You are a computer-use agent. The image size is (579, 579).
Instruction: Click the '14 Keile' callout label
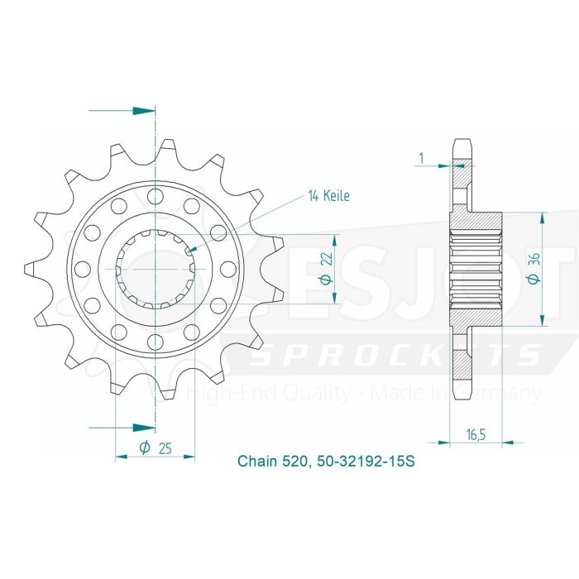tap(329, 196)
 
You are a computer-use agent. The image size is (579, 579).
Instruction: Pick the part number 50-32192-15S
tap(363, 461)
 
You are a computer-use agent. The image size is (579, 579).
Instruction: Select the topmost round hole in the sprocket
tap(154, 195)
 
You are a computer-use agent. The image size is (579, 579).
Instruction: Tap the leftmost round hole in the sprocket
tap(80, 269)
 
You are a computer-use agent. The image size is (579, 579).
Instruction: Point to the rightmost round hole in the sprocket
tap(227, 269)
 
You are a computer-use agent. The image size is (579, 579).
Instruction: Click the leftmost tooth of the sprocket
tap(31, 269)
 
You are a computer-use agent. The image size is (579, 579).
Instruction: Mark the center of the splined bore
tap(154, 269)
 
